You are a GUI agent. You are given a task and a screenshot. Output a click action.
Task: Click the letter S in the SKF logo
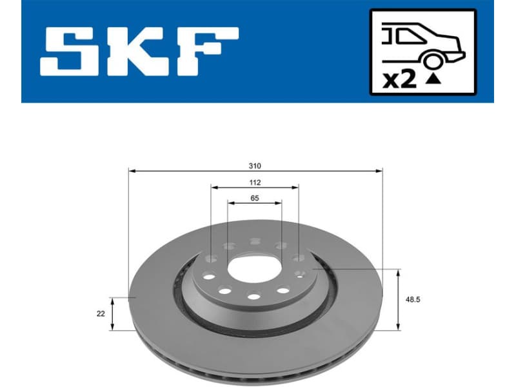71,50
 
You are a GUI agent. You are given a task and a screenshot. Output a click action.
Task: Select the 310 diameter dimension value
255,165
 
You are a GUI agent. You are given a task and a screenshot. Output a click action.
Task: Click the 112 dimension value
255,183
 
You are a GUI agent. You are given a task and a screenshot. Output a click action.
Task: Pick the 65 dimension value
254,199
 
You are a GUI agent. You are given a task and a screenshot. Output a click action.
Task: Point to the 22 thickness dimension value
100,314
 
